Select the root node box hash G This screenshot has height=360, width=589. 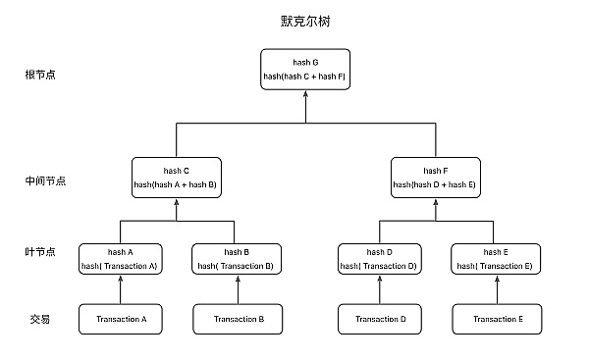click(x=305, y=69)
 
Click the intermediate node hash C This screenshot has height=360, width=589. click(x=176, y=177)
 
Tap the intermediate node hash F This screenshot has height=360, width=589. click(x=434, y=177)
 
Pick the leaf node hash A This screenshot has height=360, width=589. click(x=121, y=258)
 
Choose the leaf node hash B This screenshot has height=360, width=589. click(x=234, y=258)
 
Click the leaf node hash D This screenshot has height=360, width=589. click(x=379, y=258)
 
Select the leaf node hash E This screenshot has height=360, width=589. click(x=494, y=258)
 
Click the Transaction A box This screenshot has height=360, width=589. click(x=121, y=319)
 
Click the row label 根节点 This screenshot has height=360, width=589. click(x=40, y=75)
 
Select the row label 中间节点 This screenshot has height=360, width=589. click(x=45, y=181)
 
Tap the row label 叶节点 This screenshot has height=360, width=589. click(x=40, y=253)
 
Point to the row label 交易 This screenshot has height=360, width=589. click(x=39, y=319)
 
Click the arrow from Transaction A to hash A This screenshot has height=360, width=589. click(x=121, y=290)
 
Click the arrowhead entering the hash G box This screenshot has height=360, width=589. click(x=305, y=96)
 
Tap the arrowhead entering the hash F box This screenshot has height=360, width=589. click(x=434, y=203)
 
